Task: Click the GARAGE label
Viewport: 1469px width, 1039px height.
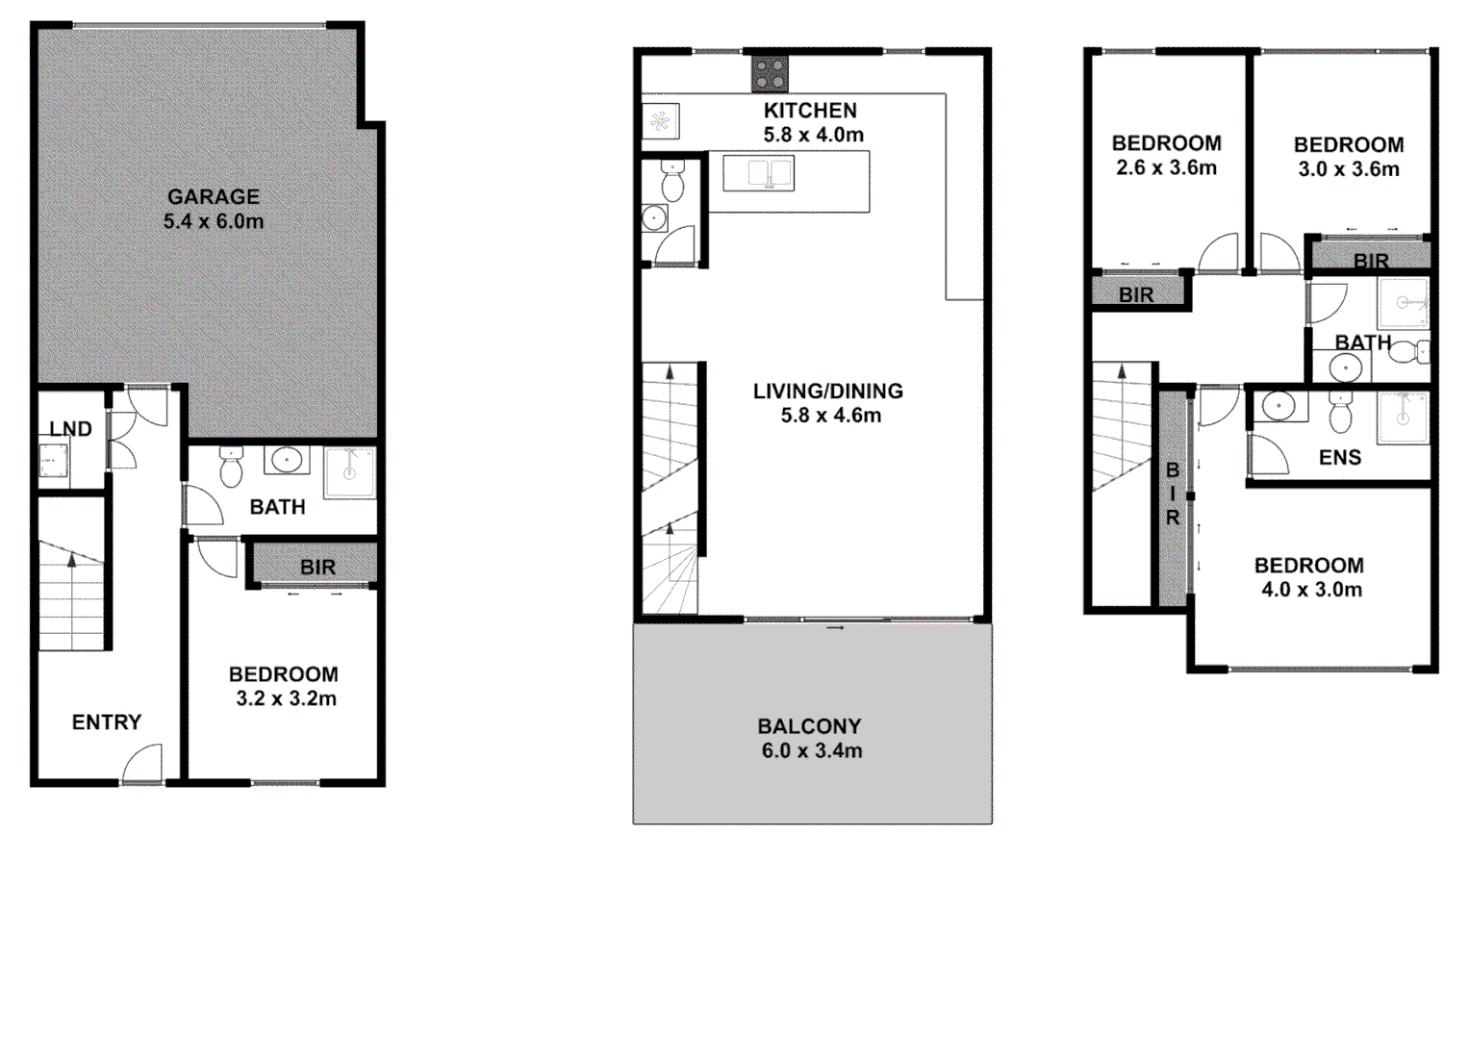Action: (x=213, y=196)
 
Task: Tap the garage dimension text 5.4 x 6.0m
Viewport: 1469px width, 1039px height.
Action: (x=213, y=221)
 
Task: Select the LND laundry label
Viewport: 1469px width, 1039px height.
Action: (x=70, y=429)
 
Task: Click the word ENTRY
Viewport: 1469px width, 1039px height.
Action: (x=106, y=722)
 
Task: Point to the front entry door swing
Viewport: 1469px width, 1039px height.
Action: (x=141, y=766)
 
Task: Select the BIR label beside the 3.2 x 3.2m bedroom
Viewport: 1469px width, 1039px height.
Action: (x=317, y=568)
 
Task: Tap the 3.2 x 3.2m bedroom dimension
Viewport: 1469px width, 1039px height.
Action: (x=286, y=699)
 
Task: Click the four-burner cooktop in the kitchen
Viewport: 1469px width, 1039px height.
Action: (x=770, y=74)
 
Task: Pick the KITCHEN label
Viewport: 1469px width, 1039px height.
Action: (x=810, y=111)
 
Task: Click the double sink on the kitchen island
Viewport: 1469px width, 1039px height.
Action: (x=758, y=174)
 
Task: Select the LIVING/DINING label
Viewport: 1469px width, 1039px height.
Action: (x=827, y=392)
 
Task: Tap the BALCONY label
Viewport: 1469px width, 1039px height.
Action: (x=809, y=726)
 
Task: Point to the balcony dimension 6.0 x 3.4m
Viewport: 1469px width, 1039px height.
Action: (x=811, y=751)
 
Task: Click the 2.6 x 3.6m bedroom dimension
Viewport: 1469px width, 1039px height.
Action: (x=1166, y=168)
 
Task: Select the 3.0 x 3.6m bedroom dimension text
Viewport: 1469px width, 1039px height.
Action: (x=1349, y=169)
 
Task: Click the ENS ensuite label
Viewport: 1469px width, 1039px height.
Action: (x=1340, y=458)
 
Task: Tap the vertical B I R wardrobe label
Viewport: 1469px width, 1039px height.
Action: (x=1172, y=494)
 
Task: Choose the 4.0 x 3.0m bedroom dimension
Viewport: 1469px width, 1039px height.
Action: (x=1310, y=590)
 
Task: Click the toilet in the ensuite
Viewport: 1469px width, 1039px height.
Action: (x=1340, y=413)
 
